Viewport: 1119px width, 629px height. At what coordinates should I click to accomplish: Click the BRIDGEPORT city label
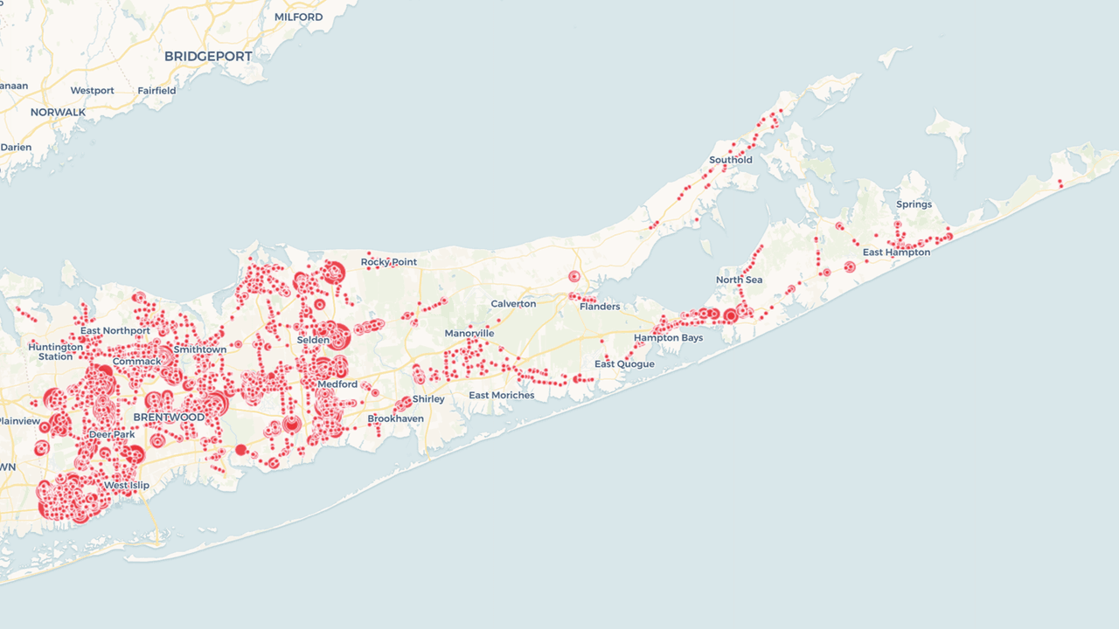[x=208, y=57]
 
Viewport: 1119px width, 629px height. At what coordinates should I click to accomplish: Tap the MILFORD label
[x=298, y=17]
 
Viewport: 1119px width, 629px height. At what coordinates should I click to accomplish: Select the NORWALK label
[x=58, y=113]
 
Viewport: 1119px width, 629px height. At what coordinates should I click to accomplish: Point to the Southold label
[x=730, y=160]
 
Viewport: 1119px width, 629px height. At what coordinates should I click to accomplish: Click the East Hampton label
[x=896, y=252]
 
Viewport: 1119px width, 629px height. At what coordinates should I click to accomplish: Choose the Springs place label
[x=914, y=204]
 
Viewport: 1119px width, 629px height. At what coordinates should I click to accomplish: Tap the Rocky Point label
[x=389, y=262]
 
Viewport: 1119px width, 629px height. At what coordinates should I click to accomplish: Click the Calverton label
[x=513, y=304]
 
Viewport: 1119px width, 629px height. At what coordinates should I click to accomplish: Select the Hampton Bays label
[x=668, y=338]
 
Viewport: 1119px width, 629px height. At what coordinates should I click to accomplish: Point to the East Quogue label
[x=624, y=364]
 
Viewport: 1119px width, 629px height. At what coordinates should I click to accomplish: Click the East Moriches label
[x=501, y=396]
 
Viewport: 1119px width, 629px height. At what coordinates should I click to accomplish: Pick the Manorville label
[x=469, y=334]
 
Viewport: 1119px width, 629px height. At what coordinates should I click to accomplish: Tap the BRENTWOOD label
[x=169, y=418]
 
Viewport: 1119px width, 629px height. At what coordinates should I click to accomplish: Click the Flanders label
[x=600, y=307]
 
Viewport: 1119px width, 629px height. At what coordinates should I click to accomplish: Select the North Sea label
[x=739, y=280]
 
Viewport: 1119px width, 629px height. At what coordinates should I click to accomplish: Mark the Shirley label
[x=428, y=399]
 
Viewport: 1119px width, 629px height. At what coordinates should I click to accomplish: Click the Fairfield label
[x=156, y=91]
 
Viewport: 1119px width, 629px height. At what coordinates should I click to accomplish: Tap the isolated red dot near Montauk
[x=1060, y=183]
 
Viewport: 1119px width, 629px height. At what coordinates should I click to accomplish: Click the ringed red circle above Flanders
[x=574, y=277]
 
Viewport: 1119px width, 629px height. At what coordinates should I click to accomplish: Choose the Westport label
[x=92, y=91]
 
